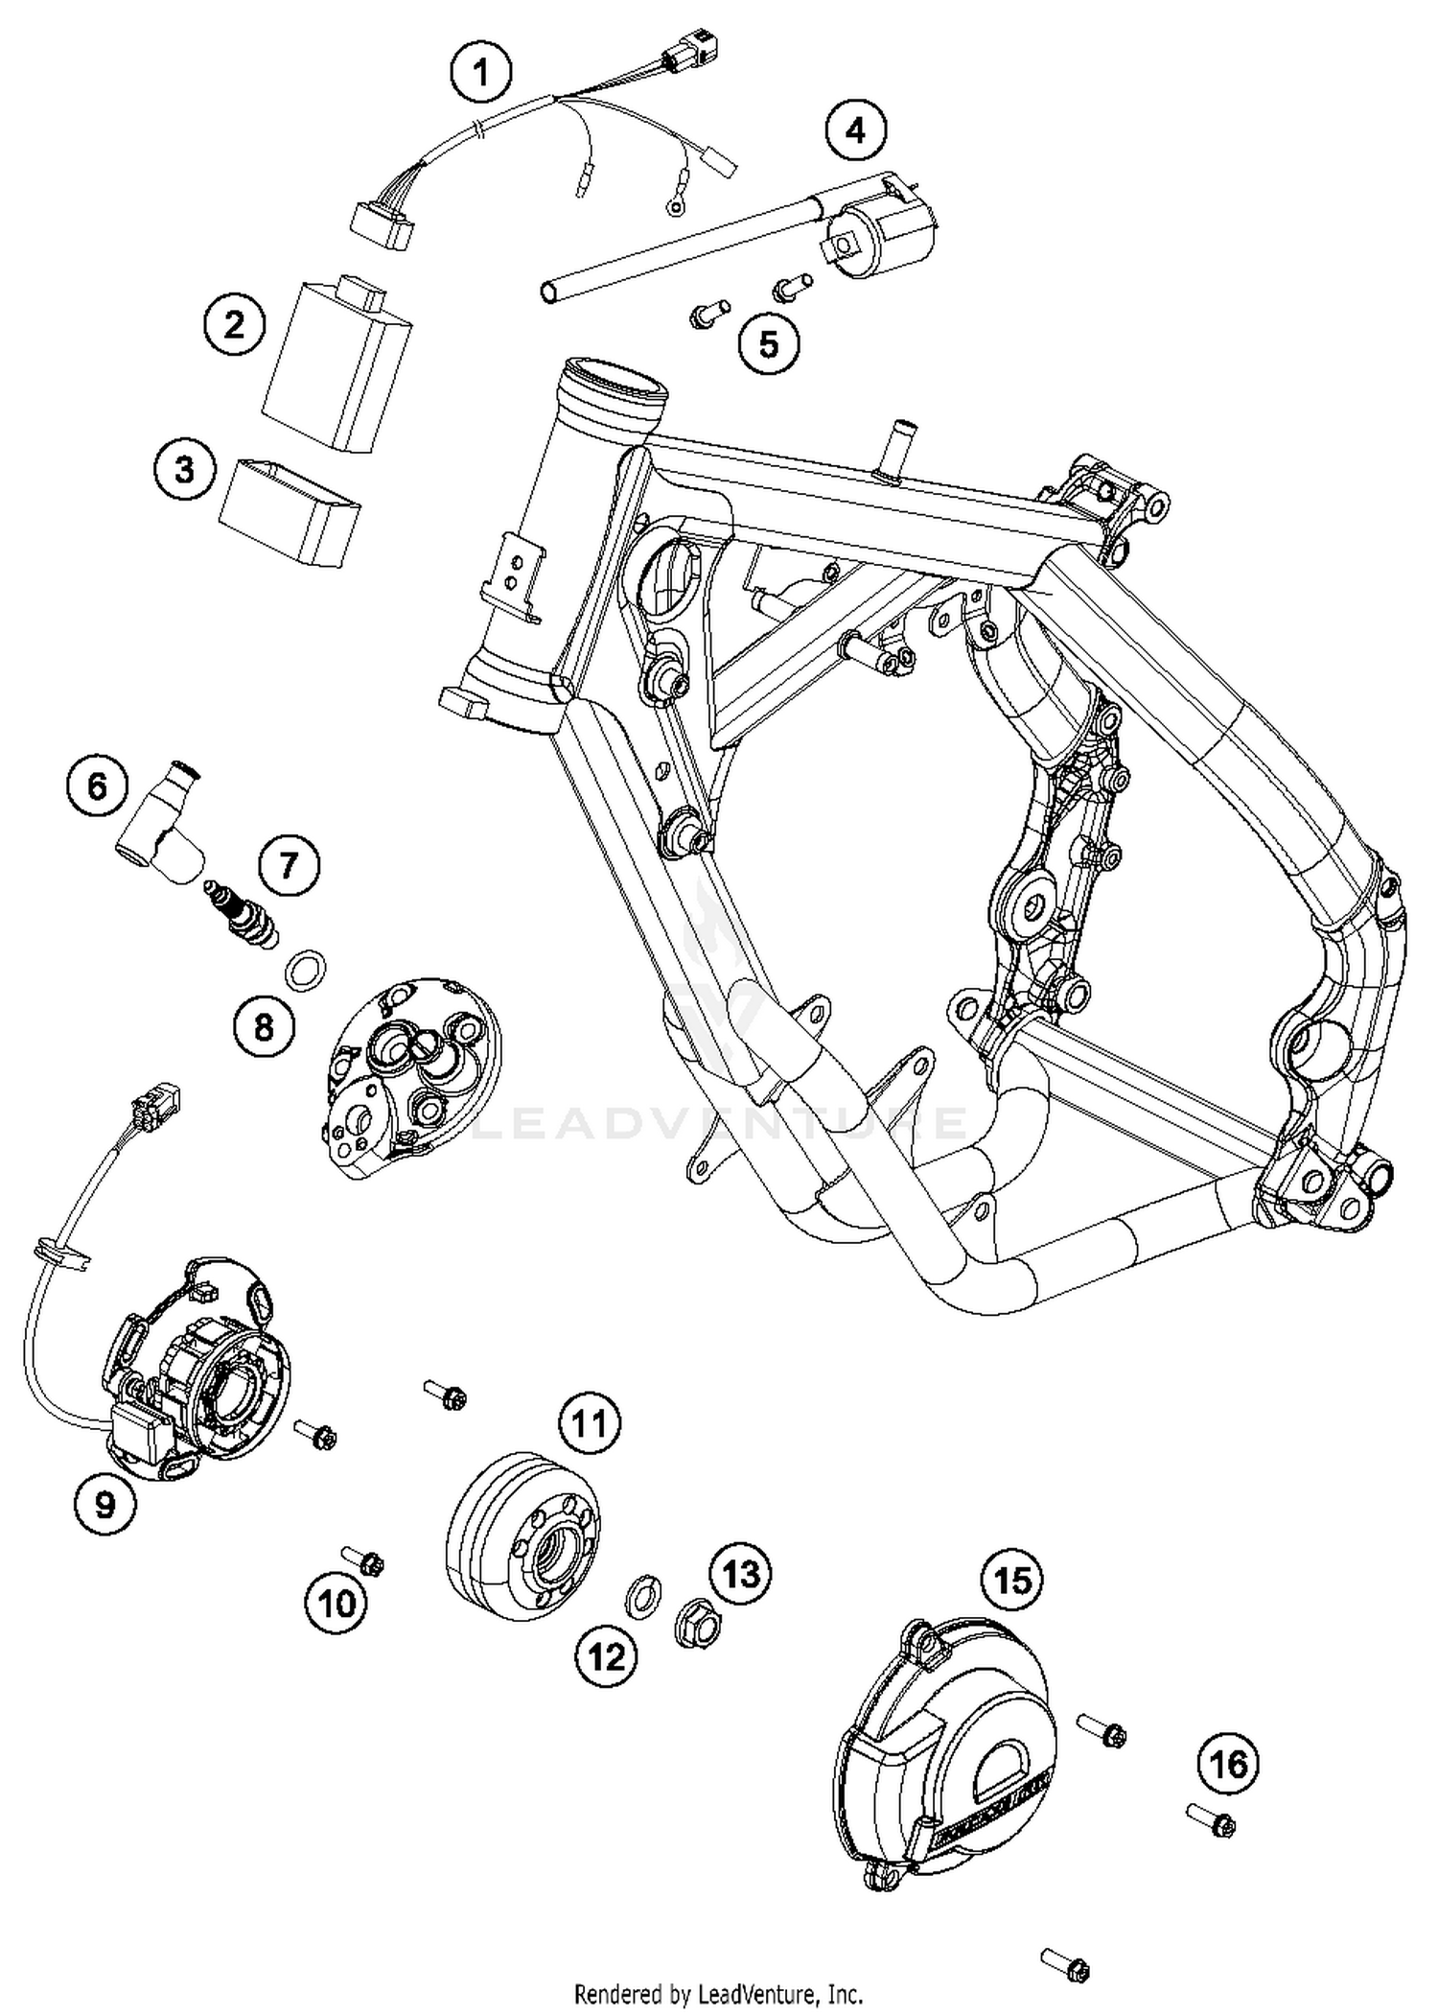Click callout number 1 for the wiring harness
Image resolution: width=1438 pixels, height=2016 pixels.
481,73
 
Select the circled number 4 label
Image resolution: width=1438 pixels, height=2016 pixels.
855,129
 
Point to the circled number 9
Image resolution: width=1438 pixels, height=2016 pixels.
104,1504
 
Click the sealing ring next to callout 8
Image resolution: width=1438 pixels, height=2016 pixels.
305,968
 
